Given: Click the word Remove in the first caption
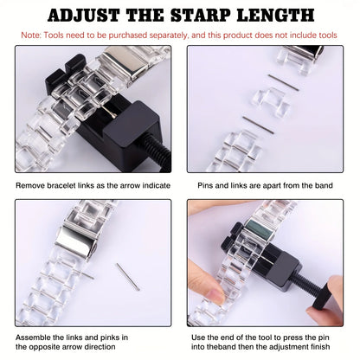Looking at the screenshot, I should pos(32,184).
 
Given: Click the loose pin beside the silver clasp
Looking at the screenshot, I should pos(126,274).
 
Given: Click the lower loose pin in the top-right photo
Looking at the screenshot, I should pos(257,123).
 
